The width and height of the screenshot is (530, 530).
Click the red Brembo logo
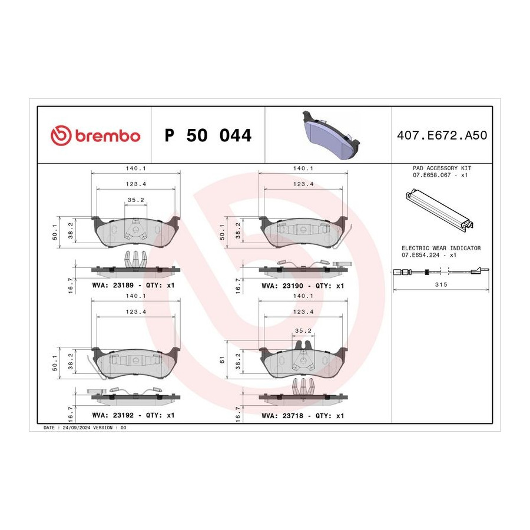(95, 135)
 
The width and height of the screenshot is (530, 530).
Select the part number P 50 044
(208, 135)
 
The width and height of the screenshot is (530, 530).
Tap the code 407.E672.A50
(442, 135)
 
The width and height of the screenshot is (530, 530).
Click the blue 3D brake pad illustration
(330, 134)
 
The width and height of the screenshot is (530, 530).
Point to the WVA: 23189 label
(113, 285)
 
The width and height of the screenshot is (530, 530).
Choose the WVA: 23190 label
(282, 286)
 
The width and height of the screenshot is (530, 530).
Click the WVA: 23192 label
(113, 415)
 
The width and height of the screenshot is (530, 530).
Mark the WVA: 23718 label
(282, 416)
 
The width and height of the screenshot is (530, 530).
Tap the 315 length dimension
(441, 284)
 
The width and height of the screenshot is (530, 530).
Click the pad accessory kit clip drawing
(439, 210)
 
